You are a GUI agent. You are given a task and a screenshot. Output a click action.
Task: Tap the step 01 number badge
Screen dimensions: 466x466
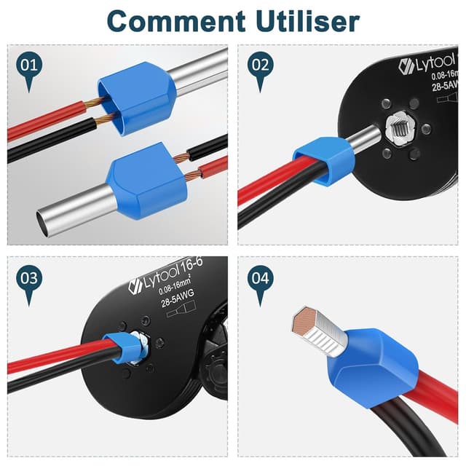tap(29, 66)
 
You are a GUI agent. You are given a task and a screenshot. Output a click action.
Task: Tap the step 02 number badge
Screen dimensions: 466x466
tap(260, 66)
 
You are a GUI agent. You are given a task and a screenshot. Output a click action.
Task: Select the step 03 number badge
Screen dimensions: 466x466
tap(29, 279)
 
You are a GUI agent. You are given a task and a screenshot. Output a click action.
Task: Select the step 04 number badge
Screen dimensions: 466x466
tap(260, 279)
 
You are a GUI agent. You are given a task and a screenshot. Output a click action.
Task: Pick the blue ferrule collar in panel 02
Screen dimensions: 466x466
tap(320, 157)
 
